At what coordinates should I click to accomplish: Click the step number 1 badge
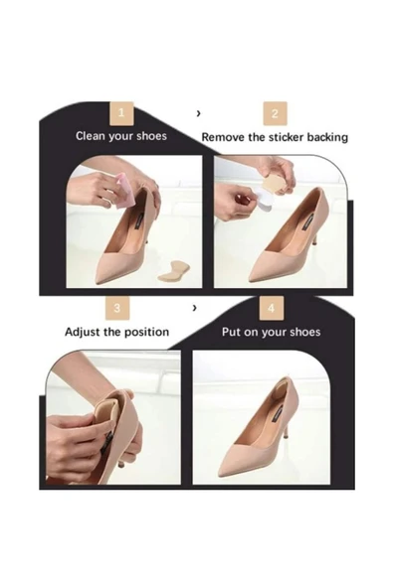(x=121, y=113)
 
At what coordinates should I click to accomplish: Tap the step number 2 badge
(x=275, y=113)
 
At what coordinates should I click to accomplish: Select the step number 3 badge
(x=117, y=308)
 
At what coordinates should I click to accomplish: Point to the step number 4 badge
(x=272, y=308)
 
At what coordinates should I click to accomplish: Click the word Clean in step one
(x=91, y=135)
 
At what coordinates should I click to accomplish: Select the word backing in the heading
(x=327, y=138)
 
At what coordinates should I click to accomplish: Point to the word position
(x=147, y=333)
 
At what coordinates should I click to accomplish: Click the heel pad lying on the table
(x=174, y=271)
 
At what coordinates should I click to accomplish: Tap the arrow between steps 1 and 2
(x=198, y=113)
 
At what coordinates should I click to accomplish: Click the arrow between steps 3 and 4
(x=194, y=308)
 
